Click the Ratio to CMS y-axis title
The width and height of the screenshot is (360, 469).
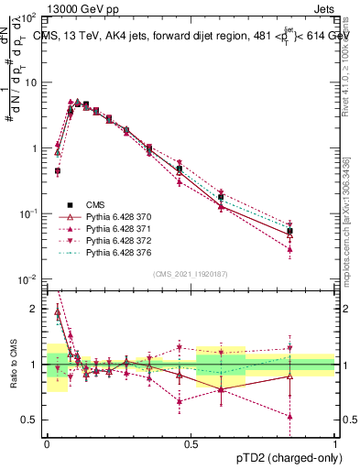pyautogui.click(x=13, y=366)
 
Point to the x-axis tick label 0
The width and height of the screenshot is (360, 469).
pyautogui.click(x=46, y=442)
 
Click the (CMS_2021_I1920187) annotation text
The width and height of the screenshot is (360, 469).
pyautogui.click(x=190, y=272)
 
